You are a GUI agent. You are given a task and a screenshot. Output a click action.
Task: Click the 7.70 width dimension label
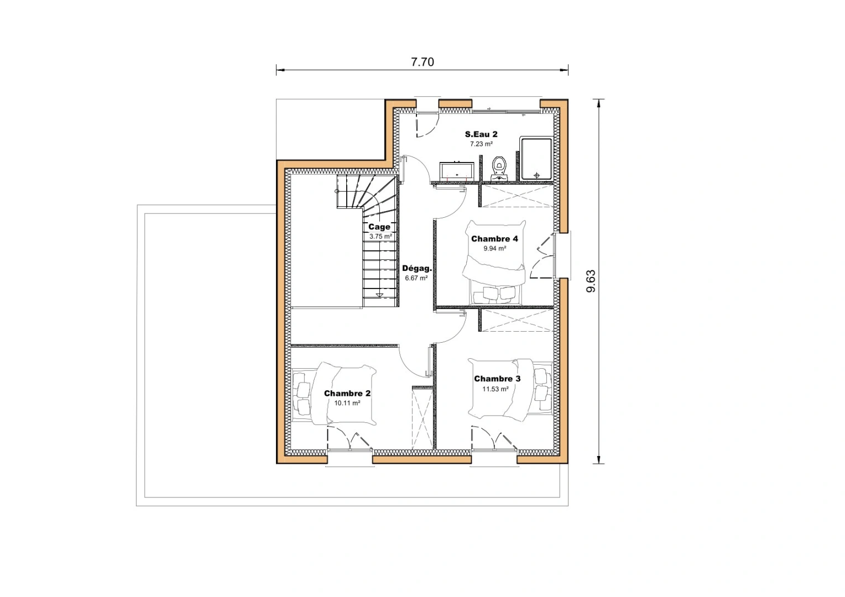click(422, 62)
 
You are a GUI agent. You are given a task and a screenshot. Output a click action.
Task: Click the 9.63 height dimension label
click(591, 281)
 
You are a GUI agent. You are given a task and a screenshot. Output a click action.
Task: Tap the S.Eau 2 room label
click(481, 134)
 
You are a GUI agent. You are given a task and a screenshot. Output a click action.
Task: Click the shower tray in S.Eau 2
click(536, 159)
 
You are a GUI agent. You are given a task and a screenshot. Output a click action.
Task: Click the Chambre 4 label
click(494, 239)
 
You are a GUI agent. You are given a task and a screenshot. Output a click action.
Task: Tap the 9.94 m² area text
click(494, 249)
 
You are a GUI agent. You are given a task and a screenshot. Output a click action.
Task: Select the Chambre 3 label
click(497, 379)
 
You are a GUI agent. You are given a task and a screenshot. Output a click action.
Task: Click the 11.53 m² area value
click(495, 389)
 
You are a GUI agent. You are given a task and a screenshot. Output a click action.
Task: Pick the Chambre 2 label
click(347, 394)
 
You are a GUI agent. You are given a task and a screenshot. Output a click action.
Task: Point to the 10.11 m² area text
click(347, 404)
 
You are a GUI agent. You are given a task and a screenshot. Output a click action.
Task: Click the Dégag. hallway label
click(416, 268)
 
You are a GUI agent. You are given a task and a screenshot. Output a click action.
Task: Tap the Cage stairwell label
click(379, 227)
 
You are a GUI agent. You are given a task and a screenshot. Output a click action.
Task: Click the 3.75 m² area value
click(380, 237)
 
